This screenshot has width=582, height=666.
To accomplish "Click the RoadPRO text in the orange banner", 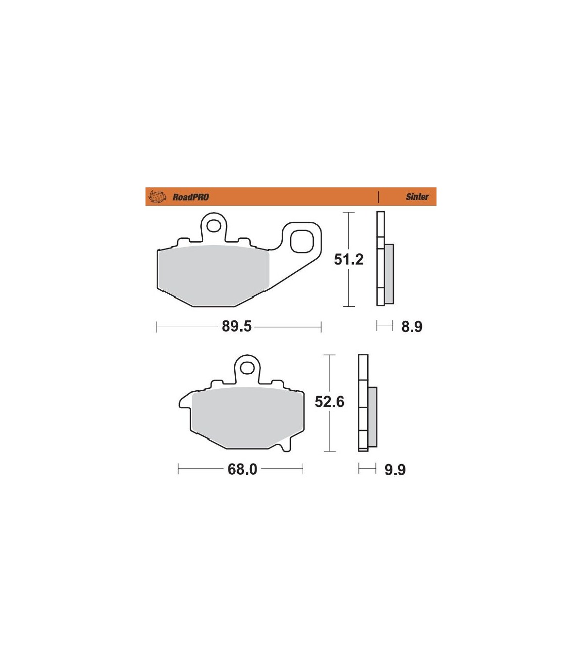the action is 191,197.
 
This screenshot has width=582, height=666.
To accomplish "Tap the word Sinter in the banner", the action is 417,197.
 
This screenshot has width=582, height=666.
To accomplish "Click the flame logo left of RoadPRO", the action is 157,197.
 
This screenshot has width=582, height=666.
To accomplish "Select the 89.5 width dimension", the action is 237,326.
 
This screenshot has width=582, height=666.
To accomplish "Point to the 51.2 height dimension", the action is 349,259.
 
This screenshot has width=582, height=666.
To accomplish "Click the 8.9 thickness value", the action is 412,327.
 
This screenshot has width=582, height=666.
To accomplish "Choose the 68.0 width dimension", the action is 242,469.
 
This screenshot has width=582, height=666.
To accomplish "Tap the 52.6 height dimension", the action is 329,402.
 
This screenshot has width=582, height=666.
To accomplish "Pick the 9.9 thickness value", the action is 395,470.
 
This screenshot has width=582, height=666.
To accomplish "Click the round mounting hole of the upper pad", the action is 213,226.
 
